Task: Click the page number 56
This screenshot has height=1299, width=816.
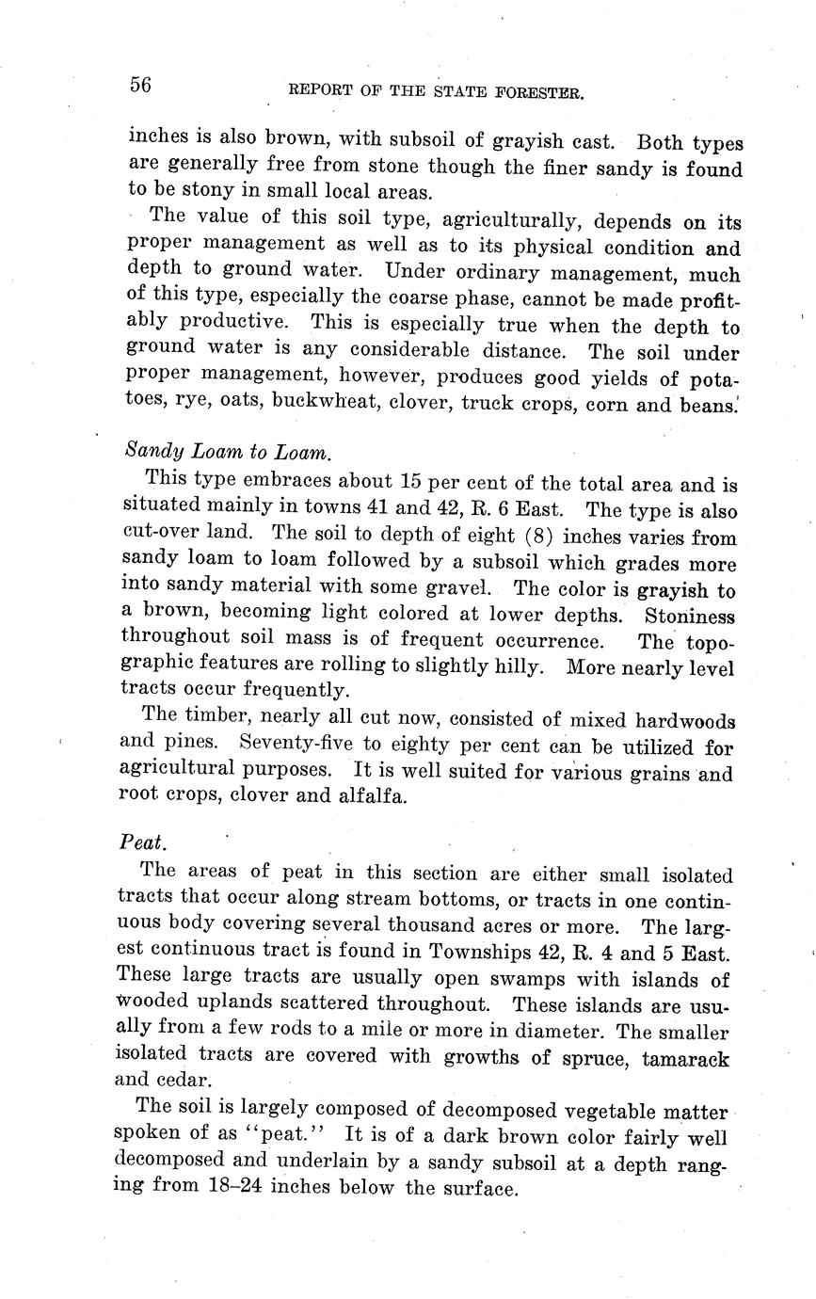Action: [x=140, y=85]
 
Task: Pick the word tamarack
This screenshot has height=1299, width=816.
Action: [x=684, y=1058]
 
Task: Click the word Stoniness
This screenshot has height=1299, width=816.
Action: [x=690, y=617]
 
